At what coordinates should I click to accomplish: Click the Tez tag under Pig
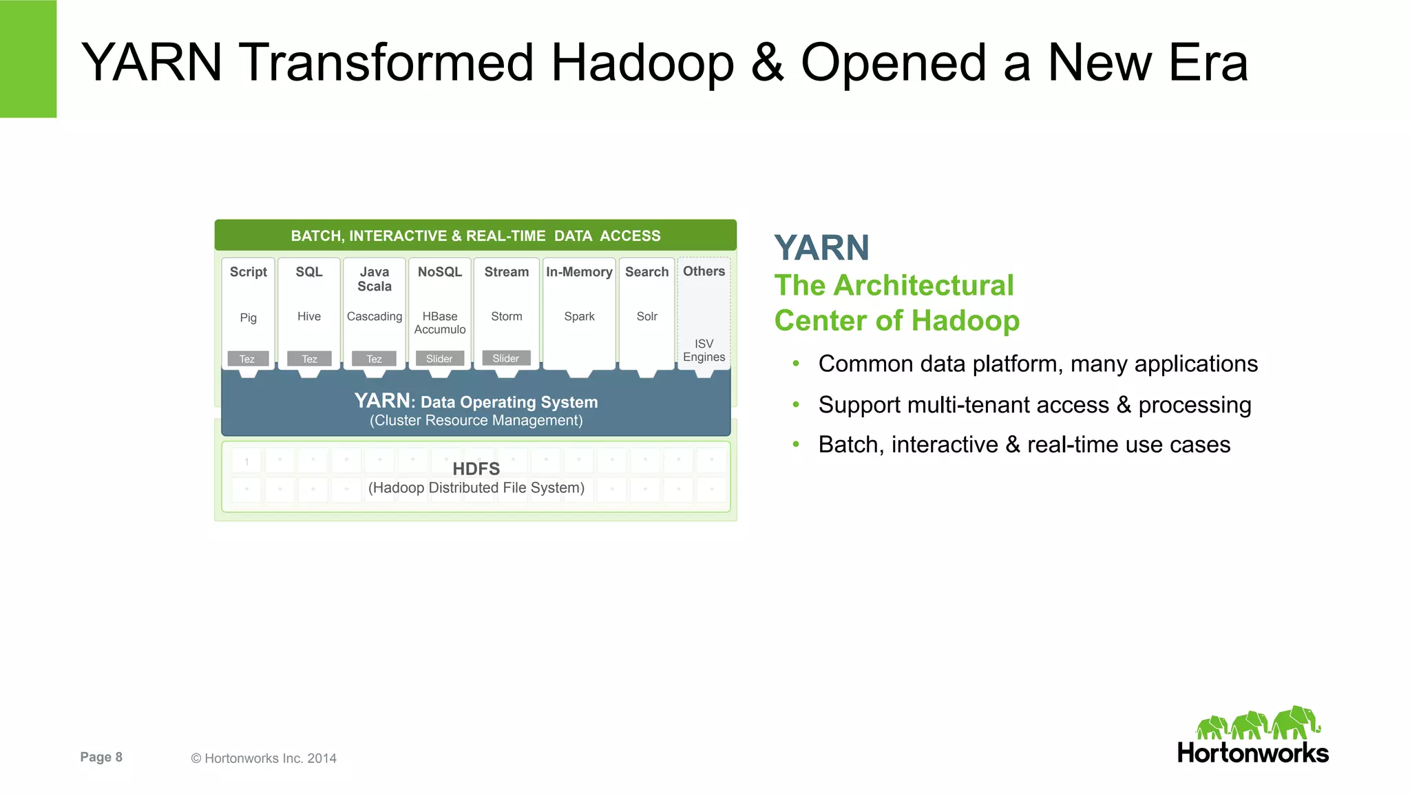pyautogui.click(x=247, y=359)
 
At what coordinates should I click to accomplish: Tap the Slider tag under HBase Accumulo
pyautogui.click(x=439, y=359)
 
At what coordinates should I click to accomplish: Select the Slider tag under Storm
pyautogui.click(x=506, y=358)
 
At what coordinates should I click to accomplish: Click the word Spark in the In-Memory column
pyautogui.click(x=579, y=316)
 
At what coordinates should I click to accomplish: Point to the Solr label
pyautogui.click(x=646, y=316)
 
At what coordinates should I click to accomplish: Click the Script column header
pyautogui.click(x=248, y=272)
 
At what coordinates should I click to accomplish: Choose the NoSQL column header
pyautogui.click(x=439, y=272)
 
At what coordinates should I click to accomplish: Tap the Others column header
pyautogui.click(x=704, y=271)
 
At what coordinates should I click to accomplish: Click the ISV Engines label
pyautogui.click(x=704, y=350)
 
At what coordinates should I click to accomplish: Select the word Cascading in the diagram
pyautogui.click(x=374, y=316)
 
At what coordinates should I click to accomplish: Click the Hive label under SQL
pyautogui.click(x=308, y=316)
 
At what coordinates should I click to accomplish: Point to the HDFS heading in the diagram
pyautogui.click(x=476, y=469)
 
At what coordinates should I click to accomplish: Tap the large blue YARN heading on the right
pyautogui.click(x=821, y=248)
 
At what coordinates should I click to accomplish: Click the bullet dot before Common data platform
pyautogui.click(x=796, y=364)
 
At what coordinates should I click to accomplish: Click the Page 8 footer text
pyautogui.click(x=101, y=757)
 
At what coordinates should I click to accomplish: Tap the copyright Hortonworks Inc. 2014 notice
pyautogui.click(x=264, y=758)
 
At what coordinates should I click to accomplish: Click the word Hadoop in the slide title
pyautogui.click(x=642, y=63)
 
